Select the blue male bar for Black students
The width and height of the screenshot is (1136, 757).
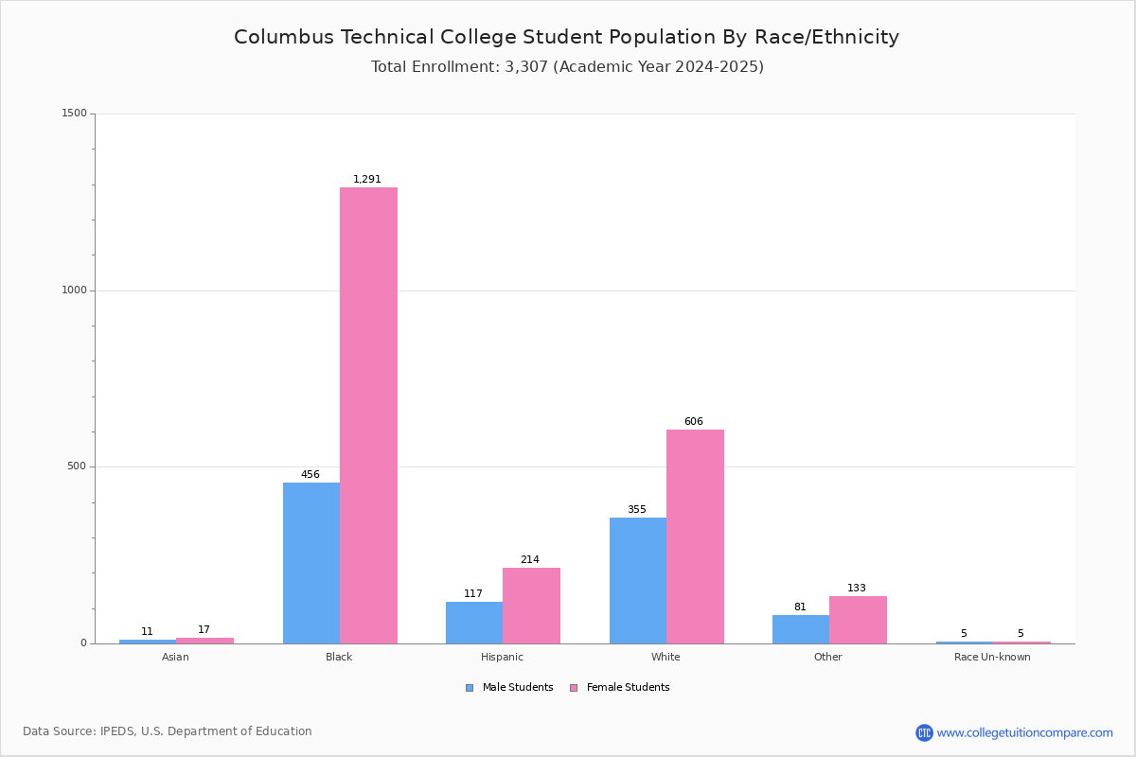[x=311, y=563]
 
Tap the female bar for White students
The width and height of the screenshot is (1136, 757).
[x=695, y=537]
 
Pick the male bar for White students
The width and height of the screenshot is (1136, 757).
[x=638, y=580]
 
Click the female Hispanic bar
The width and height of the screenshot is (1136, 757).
[x=531, y=606]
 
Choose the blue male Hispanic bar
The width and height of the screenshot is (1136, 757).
[x=474, y=623]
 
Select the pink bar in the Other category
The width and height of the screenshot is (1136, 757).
[x=858, y=620]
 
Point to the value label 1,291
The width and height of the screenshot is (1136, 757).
[x=367, y=179]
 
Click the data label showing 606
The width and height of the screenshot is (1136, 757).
[x=694, y=421]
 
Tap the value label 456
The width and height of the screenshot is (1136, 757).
[x=311, y=474]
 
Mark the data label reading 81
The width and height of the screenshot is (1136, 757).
[x=800, y=607]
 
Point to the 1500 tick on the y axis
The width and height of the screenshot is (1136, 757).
[x=75, y=114]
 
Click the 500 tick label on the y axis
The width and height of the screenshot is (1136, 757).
[x=77, y=467]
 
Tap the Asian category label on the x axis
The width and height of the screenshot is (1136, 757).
[x=175, y=657]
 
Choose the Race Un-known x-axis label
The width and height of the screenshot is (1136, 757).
[x=992, y=657]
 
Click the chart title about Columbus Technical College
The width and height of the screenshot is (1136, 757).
[x=566, y=37]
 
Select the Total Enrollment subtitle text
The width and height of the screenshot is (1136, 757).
[x=566, y=66]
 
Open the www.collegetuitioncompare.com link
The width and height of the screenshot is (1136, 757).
[x=1024, y=732]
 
